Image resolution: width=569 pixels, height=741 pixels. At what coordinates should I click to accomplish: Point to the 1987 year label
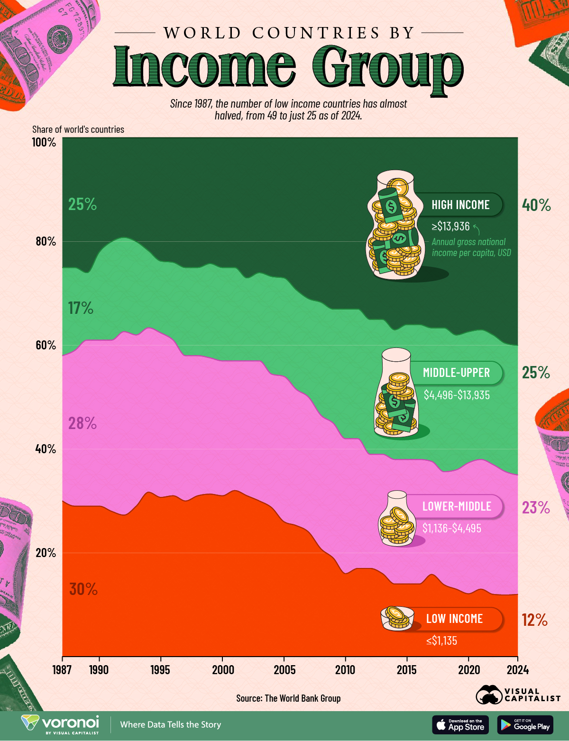pos(62,670)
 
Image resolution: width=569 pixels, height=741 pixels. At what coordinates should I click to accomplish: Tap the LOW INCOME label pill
pos(453,619)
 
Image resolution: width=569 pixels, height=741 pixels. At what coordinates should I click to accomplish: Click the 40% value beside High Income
pos(536,205)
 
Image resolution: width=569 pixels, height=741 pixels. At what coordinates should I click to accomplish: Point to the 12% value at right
pos(534,620)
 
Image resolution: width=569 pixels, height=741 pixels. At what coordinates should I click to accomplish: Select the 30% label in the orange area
pos(83,589)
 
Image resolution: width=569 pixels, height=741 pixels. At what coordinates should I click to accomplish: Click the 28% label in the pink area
pos(83,423)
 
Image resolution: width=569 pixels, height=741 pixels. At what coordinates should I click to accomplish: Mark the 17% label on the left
pos(81,308)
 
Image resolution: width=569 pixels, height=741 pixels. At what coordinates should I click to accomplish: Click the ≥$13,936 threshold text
pos(451,226)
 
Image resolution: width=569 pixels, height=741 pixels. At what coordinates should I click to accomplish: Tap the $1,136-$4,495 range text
pos(452,528)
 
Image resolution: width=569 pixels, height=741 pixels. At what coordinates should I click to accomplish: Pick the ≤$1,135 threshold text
pos(441,641)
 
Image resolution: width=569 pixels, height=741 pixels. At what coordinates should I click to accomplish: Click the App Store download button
pos(460,724)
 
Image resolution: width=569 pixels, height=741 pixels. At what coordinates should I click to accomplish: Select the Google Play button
pos(525,724)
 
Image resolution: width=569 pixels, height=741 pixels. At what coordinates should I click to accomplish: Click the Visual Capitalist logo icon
pos(489,695)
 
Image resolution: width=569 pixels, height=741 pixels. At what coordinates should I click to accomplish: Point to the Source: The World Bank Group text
pos(288,698)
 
